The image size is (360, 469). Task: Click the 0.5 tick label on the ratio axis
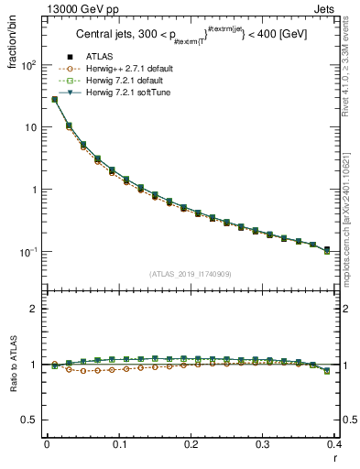pyautogui.click(x=30, y=420)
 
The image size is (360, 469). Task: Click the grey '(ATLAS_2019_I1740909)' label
pyautogui.click(x=191, y=273)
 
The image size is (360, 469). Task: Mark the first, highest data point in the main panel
pyautogui.click(x=54, y=99)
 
